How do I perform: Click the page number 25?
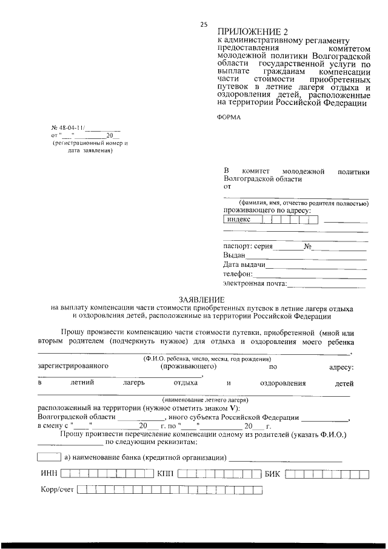[204, 24]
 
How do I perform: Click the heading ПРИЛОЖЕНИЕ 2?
[249, 31]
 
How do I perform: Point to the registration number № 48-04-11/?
[69, 129]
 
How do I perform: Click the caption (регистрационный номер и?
[90, 143]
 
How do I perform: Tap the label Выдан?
[234, 256]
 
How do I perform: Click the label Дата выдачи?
[244, 265]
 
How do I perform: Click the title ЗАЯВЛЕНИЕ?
[202, 300]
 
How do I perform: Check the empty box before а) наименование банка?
[48, 456]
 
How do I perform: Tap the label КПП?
[166, 474]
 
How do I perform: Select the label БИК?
[272, 474]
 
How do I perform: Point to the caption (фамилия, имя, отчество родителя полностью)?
[303, 203]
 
